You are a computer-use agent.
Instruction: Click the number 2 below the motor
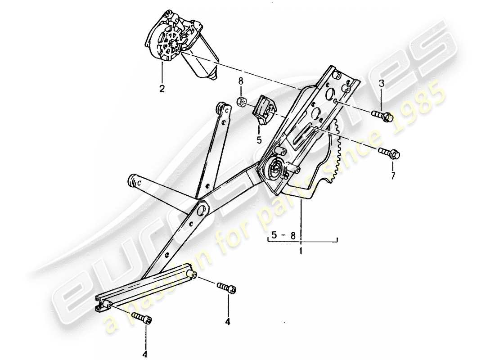(x=162, y=88)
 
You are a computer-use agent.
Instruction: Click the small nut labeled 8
(x=241, y=101)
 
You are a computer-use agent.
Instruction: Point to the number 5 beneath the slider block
(x=259, y=140)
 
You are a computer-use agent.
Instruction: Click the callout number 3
(x=382, y=83)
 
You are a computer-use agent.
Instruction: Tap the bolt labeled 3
(x=382, y=116)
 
